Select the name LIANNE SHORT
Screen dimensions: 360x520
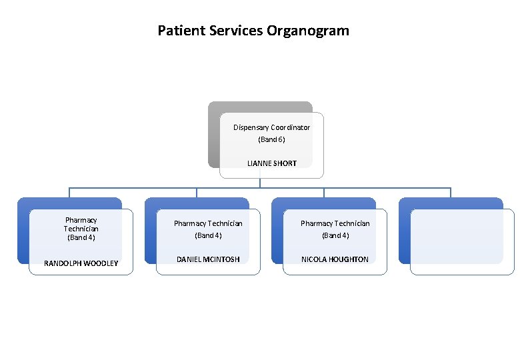[271, 163]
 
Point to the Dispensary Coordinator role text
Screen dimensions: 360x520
[271, 127]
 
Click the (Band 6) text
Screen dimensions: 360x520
[271, 139]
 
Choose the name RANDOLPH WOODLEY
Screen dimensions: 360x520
[81, 263]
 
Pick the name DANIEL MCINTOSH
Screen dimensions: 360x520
[208, 259]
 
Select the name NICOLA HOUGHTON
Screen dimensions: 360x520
[335, 259]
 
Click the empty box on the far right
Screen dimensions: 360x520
[462, 241]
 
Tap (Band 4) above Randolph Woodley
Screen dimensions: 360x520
[81, 237]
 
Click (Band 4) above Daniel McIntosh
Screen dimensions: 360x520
[208, 235]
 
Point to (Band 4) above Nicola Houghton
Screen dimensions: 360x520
[335, 235]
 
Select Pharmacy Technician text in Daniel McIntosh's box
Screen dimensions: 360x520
[208, 223]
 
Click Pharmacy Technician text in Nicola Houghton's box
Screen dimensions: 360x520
[335, 223]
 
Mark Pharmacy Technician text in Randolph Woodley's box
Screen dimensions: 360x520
[81, 224]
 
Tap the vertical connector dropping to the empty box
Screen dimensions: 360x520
[451, 193]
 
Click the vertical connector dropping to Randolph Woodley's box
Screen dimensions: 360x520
[69, 193]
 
